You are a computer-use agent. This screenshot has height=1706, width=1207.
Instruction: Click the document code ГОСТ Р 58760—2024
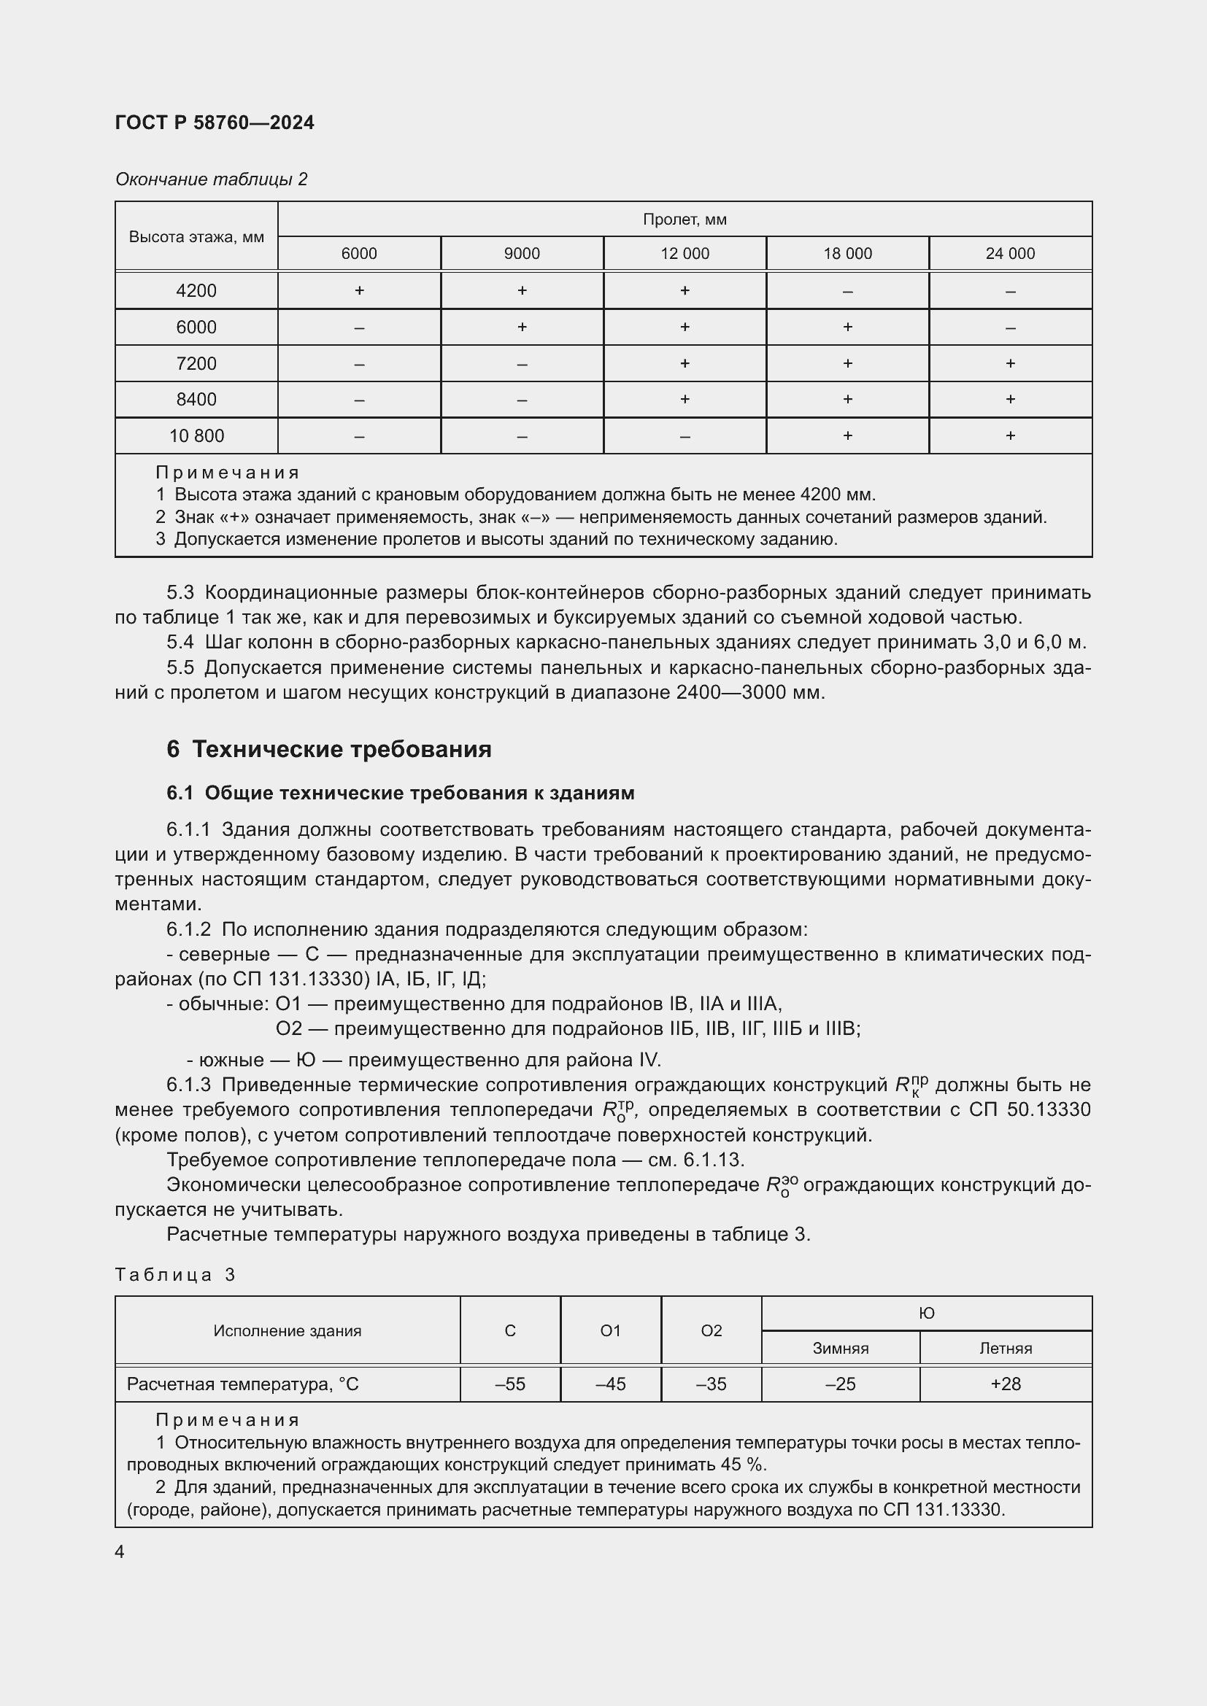tap(215, 123)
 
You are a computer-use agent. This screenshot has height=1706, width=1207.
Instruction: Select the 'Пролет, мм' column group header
tap(684, 220)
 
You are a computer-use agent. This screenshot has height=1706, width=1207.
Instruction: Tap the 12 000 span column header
tap(685, 253)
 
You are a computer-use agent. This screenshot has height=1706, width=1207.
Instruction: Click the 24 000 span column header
tap(1009, 253)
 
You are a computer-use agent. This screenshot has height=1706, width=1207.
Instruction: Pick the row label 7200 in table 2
tap(196, 363)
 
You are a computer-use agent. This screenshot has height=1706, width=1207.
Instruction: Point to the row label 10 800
tap(196, 435)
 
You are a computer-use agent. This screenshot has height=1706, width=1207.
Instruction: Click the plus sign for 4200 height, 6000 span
tap(359, 290)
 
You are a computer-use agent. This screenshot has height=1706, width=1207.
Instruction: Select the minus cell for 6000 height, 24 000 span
tap(1009, 327)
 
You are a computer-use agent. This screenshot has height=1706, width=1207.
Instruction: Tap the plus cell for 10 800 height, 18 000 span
tap(847, 435)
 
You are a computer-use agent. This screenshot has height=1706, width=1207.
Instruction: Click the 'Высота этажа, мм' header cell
tap(196, 237)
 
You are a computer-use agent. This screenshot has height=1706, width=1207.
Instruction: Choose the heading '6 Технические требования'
tap(328, 749)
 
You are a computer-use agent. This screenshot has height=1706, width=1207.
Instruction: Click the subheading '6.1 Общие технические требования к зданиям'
tap(400, 793)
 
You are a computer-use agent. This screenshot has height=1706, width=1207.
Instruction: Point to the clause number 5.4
tap(180, 642)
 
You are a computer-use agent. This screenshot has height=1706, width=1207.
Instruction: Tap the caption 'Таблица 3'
tap(174, 1275)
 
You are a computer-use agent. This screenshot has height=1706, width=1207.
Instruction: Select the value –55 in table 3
tap(510, 1384)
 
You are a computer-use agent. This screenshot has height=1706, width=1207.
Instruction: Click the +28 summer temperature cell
tap(1005, 1384)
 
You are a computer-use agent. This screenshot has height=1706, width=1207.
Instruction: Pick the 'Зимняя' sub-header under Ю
tap(840, 1349)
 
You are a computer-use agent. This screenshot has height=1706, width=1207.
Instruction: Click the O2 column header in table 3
tap(711, 1331)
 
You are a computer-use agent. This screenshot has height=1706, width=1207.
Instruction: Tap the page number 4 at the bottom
tap(120, 1551)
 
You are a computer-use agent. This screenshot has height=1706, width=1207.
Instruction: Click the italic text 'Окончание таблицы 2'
tap(211, 179)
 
